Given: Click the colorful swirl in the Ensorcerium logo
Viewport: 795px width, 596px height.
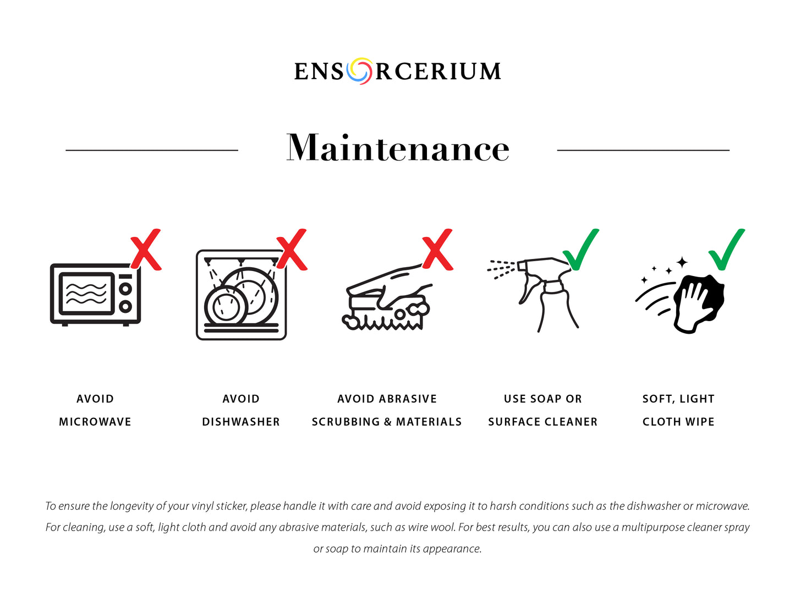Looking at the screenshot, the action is point(359,70).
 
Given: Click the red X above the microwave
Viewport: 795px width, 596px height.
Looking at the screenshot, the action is point(146,249).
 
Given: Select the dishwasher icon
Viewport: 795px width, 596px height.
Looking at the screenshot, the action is point(241,295).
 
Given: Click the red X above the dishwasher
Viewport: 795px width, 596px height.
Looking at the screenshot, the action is point(292,249).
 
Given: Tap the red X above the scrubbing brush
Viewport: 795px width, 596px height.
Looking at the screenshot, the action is point(437,249).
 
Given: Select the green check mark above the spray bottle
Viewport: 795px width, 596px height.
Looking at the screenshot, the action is point(580,250).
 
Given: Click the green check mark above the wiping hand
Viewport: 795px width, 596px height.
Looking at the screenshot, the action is point(727,250).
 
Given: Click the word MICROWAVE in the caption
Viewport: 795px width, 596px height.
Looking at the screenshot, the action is point(95,422).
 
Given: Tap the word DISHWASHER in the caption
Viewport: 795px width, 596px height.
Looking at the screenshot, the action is point(241,422).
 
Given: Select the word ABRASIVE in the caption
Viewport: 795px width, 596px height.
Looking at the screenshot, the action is point(408,399).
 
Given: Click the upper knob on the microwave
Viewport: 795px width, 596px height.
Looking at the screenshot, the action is point(125,289).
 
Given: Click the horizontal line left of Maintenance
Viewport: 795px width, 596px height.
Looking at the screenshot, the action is point(152,150).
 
